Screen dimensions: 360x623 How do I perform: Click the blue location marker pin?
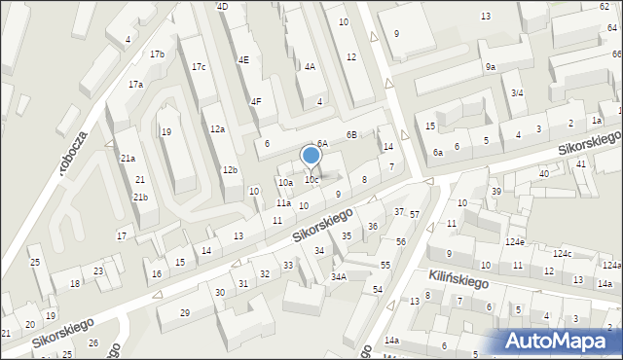pos(311,156)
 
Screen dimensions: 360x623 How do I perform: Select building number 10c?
pos(311,180)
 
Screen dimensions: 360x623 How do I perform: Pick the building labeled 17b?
pos(157,54)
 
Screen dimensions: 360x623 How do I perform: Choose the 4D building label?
pos(222,7)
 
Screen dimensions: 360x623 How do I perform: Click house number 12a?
pos(217,129)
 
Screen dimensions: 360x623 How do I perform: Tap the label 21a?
pos(128,159)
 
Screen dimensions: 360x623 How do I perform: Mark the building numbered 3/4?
pos(517,92)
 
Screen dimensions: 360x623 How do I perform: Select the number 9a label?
pos(491,67)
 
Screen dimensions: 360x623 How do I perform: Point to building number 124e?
pos(514,241)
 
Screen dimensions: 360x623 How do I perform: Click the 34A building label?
pos(338,276)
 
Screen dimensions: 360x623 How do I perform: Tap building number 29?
pos(185,312)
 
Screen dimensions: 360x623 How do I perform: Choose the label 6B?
pos(351,135)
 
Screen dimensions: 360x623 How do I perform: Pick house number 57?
pos(414,214)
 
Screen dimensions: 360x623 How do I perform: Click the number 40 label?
pos(544,173)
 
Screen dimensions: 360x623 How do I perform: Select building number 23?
pos(98,271)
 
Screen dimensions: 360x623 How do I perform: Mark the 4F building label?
pos(256,101)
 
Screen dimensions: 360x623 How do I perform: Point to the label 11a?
pos(282,203)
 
